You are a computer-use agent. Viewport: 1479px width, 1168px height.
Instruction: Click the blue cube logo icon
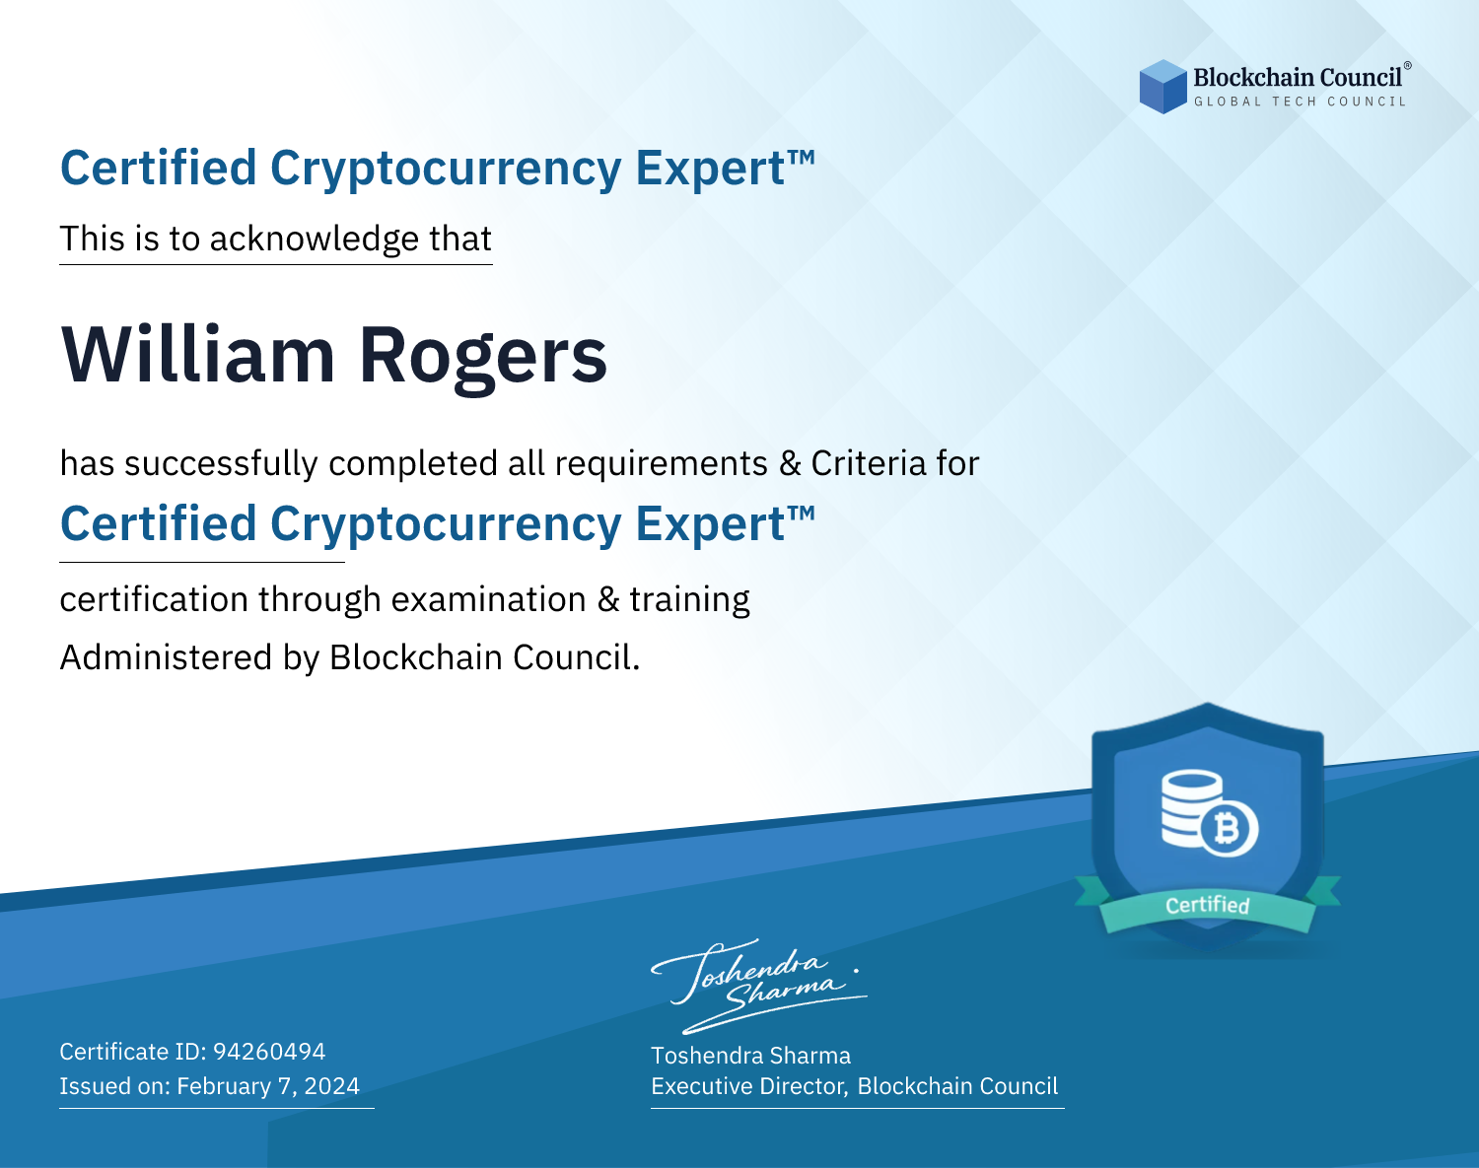coord(1162,87)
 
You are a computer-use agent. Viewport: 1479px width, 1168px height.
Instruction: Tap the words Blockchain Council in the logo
coord(1298,78)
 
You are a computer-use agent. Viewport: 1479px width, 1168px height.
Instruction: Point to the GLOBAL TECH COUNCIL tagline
coord(1300,102)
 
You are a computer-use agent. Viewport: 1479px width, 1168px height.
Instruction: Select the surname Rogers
coord(483,360)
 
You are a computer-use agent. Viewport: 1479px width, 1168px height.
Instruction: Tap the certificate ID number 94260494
coord(269,1051)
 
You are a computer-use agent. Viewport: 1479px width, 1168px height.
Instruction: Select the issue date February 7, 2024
coord(268,1086)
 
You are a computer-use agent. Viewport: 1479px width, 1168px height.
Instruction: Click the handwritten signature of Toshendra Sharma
coord(758,986)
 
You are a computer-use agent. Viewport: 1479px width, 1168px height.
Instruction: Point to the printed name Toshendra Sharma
coord(750,1056)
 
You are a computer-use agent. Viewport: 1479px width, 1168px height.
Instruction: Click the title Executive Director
coord(748,1086)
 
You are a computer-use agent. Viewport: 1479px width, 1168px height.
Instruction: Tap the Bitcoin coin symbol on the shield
coord(1229,829)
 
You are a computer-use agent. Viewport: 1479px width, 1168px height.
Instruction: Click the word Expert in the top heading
coord(710,169)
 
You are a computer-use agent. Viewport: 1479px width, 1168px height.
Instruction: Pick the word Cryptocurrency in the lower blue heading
coord(446,525)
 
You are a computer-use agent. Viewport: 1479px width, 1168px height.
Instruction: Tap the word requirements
coord(662,464)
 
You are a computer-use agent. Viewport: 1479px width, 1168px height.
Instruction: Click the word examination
coord(489,600)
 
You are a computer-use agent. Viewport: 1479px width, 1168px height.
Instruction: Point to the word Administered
coord(167,657)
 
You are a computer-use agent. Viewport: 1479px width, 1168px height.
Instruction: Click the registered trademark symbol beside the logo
coord(1408,66)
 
